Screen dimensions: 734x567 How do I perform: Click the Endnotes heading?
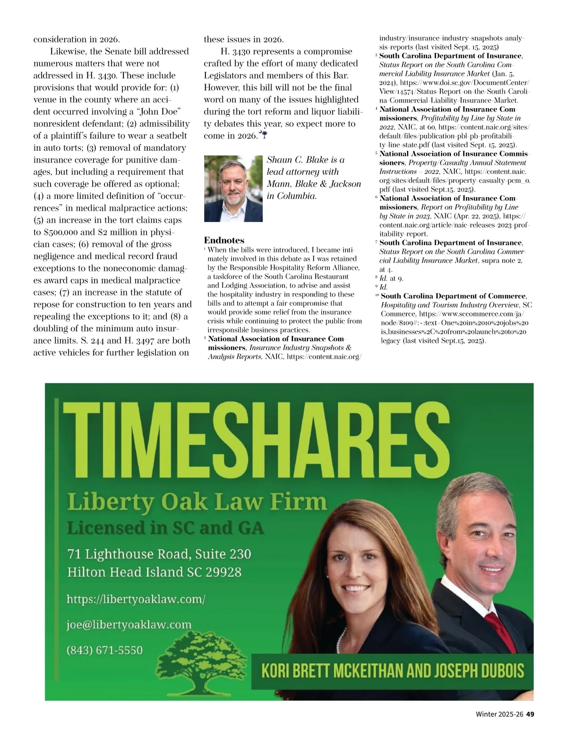pos(224,241)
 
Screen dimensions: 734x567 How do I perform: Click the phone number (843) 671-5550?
pos(104,650)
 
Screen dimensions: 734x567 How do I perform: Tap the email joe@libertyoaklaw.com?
pos(129,625)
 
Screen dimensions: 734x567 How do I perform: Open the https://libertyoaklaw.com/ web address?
pos(136,599)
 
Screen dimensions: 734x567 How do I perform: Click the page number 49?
pos(530,715)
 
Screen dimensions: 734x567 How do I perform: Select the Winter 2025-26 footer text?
pos(499,715)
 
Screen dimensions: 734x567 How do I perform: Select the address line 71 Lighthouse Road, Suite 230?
pos(159,554)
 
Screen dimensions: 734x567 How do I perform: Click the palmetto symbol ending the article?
pos(264,136)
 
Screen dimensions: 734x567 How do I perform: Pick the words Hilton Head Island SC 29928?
pos(154,572)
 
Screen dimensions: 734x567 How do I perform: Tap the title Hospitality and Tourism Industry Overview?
pos(449,305)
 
